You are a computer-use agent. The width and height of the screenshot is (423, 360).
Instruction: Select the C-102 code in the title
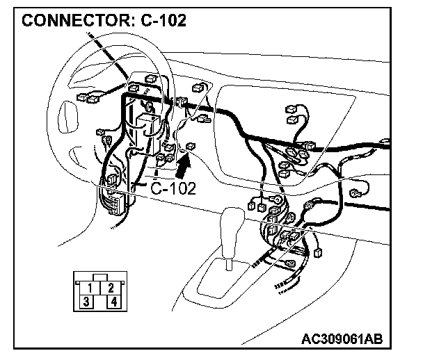click(162, 20)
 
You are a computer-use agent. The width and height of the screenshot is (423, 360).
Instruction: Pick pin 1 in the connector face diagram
click(91, 287)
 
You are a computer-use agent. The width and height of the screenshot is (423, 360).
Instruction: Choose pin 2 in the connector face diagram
click(111, 287)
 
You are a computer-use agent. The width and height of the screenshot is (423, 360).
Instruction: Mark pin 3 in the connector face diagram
click(85, 301)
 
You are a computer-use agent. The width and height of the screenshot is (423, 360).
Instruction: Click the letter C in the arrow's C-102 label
click(157, 188)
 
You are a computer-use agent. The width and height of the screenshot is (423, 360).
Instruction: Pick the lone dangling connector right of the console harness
click(319, 252)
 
